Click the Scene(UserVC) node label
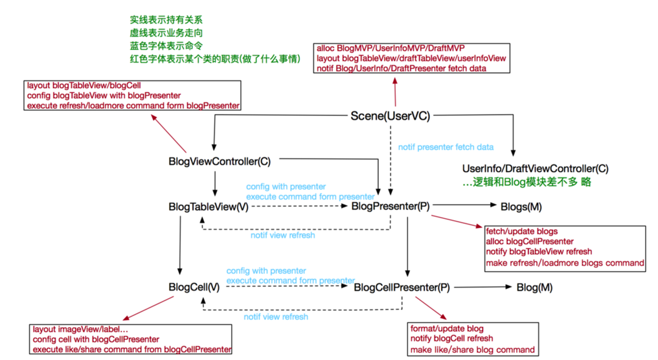click(391, 116)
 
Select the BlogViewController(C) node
click(220, 161)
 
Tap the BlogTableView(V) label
click(209, 207)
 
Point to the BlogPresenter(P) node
click(391, 207)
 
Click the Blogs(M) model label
click(521, 207)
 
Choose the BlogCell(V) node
click(194, 287)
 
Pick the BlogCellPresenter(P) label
click(402, 287)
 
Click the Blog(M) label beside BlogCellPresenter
click(535, 287)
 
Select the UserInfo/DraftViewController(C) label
click(536, 169)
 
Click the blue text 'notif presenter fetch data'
click(446, 147)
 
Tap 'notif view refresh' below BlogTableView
click(283, 236)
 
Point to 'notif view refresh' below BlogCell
click(276, 317)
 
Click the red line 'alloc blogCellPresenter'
click(530, 242)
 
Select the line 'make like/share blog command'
click(473, 350)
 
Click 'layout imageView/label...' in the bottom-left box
click(80, 330)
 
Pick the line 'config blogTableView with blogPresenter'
click(104, 96)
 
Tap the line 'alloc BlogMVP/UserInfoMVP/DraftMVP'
click(391, 49)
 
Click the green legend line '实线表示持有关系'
click(166, 19)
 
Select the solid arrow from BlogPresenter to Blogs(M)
click(464, 205)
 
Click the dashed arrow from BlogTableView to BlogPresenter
click(300, 206)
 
